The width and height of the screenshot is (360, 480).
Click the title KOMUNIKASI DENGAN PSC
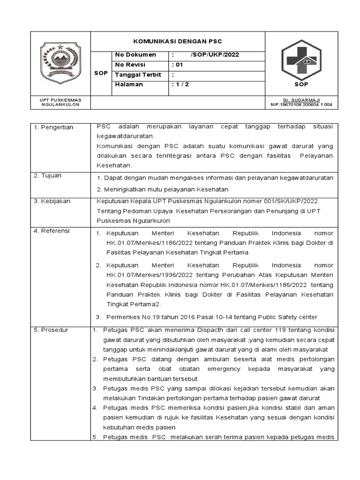[x=177, y=41]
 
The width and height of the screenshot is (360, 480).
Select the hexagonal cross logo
[x=301, y=60]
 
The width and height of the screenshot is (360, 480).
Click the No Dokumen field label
[x=135, y=55]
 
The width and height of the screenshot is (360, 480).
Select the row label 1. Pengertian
[x=53, y=127]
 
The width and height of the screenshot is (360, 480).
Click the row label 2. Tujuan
[x=47, y=175]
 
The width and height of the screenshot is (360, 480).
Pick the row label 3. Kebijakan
[x=52, y=201]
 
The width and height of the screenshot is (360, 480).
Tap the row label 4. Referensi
[x=52, y=231]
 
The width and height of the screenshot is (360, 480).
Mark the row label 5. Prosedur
[x=51, y=330]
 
